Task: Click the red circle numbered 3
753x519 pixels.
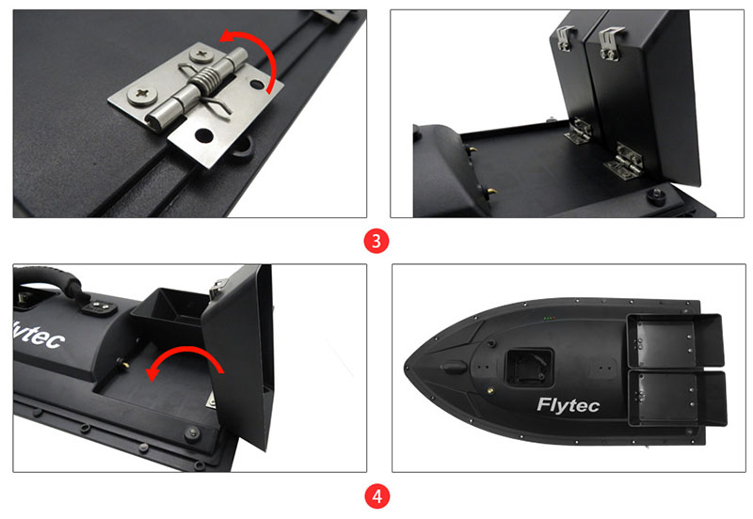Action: [x=376, y=241]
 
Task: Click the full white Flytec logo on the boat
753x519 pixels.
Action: [x=568, y=406]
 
